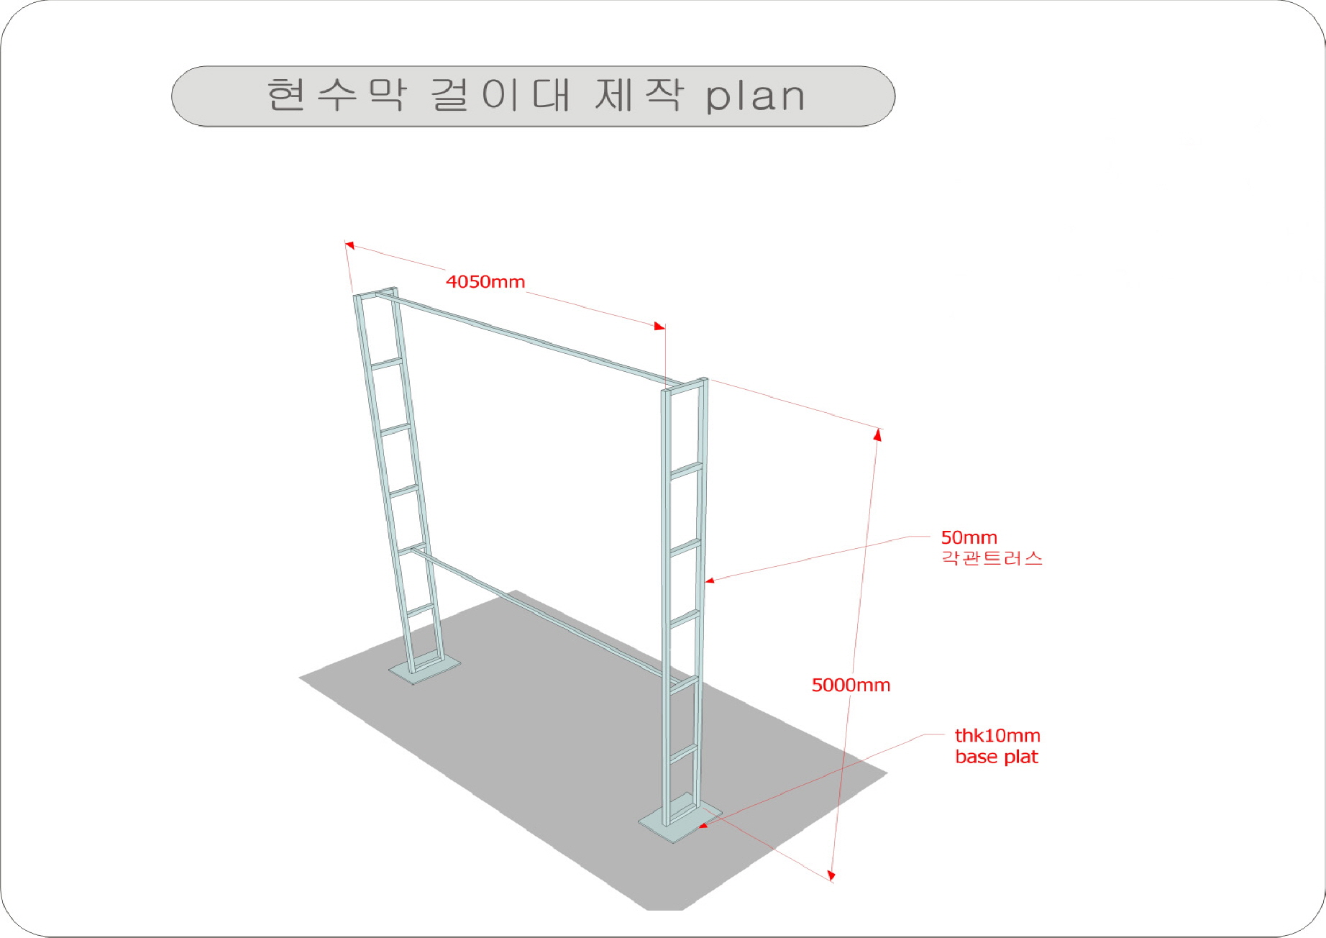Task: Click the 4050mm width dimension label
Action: click(x=485, y=281)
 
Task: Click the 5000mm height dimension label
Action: click(x=851, y=685)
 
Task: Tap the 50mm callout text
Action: click(x=969, y=537)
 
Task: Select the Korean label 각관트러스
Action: click(x=992, y=558)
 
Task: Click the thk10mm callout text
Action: click(x=997, y=735)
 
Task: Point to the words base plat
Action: click(x=997, y=757)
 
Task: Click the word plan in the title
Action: click(x=755, y=96)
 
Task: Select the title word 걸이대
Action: click(x=500, y=94)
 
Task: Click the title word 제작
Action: click(x=639, y=94)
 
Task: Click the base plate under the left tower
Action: click(x=425, y=669)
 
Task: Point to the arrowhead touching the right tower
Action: click(x=710, y=580)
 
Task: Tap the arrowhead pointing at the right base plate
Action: click(x=703, y=825)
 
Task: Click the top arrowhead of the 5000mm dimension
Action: click(x=877, y=434)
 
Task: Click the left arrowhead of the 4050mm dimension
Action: click(x=349, y=245)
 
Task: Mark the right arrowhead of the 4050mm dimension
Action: click(x=659, y=327)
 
